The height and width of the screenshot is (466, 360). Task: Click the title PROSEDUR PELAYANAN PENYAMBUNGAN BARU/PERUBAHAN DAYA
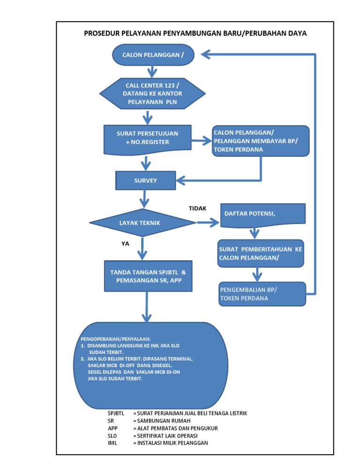[x=195, y=33]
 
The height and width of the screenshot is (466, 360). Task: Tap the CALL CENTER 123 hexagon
[x=152, y=93]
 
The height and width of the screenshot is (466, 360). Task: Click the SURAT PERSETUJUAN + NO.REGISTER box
[x=147, y=138]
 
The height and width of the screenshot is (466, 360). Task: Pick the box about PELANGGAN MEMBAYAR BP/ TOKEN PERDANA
[x=261, y=140]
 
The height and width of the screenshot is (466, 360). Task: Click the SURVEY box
[x=146, y=180]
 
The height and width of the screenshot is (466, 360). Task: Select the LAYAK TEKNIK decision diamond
[x=140, y=223]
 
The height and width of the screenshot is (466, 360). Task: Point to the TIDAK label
[x=197, y=208]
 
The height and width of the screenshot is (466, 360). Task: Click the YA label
[x=125, y=244]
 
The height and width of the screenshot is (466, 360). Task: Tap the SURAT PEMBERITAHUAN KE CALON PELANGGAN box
[x=260, y=254]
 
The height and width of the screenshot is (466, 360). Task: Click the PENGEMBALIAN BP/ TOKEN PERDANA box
[x=262, y=294]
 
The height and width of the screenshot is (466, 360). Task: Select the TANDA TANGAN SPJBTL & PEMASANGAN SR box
[x=148, y=276]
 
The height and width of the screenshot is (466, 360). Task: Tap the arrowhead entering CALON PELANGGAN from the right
[x=208, y=55]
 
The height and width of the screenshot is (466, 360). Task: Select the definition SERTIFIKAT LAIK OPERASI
[x=167, y=436]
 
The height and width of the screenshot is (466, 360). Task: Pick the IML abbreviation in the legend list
[x=112, y=443]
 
